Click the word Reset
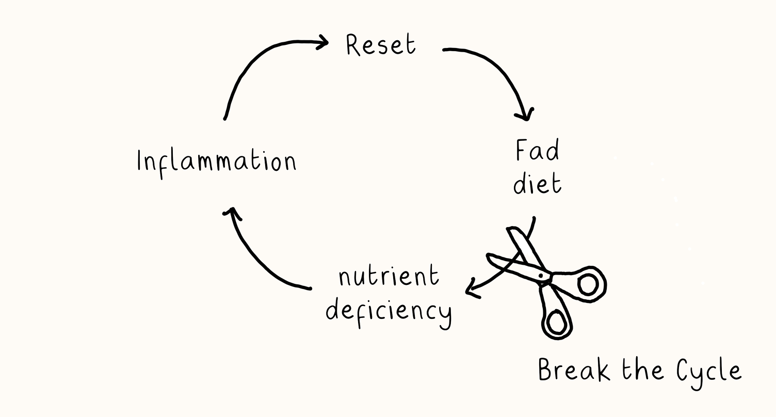pos(381,45)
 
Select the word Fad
pos(537,150)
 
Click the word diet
pos(537,183)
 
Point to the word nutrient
pos(389,276)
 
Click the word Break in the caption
pos(574,370)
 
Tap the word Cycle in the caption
pos(709,373)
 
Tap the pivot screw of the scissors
pos(541,276)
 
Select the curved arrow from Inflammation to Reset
pos(257,62)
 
